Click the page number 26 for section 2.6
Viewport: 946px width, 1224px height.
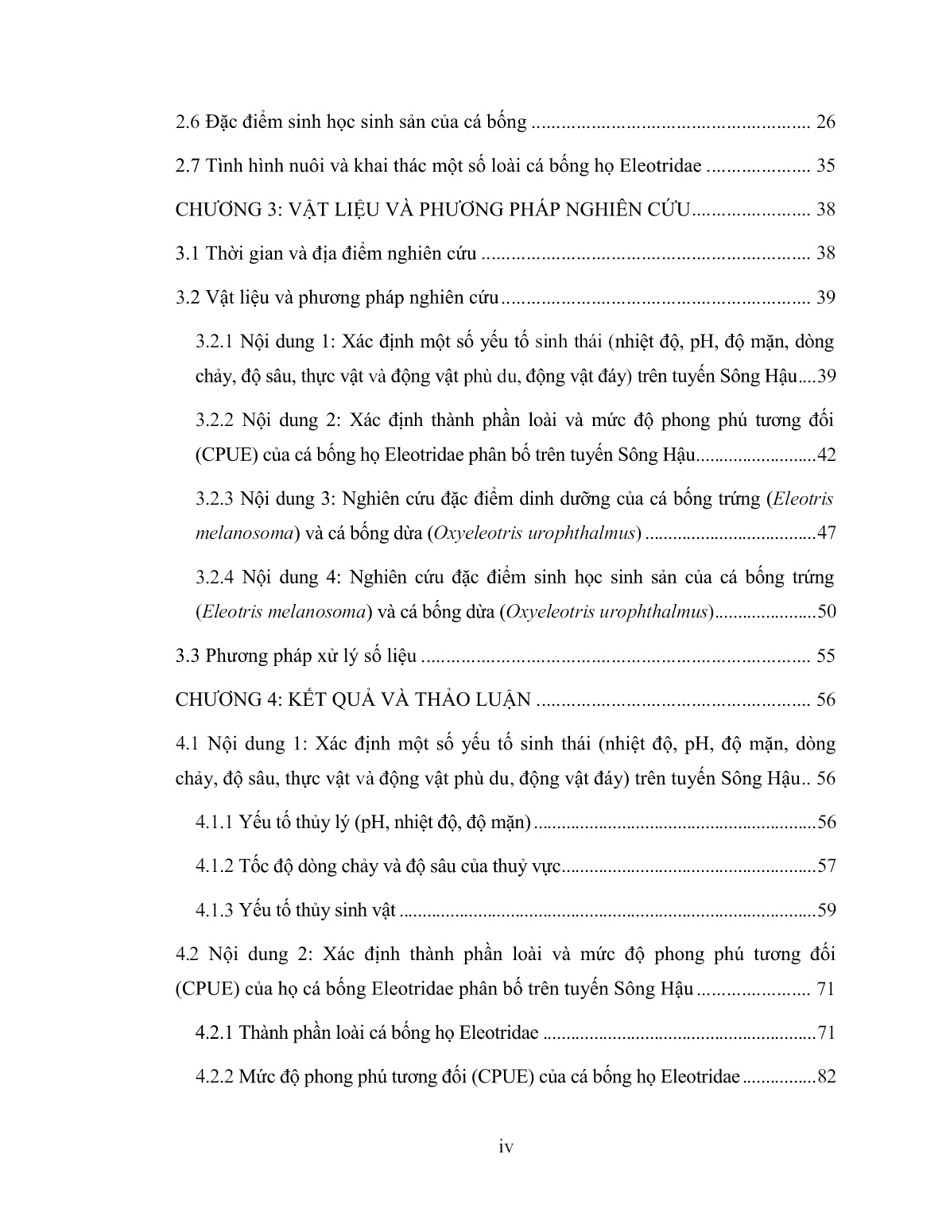click(825, 122)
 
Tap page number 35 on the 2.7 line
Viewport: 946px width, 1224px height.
click(825, 166)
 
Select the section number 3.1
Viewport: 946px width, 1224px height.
click(188, 254)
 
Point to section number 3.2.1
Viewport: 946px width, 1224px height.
click(213, 343)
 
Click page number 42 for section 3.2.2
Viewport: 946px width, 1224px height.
click(827, 455)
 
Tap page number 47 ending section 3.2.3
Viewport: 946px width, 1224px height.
click(827, 533)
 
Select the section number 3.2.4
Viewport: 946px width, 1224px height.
click(213, 576)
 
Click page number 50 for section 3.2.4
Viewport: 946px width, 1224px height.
click(827, 612)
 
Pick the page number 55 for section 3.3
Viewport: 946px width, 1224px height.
click(825, 657)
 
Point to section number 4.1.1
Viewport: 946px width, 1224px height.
click(213, 822)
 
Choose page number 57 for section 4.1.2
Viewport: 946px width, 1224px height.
click(827, 866)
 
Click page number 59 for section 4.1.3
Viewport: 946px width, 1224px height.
click(827, 910)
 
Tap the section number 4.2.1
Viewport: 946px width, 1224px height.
click(213, 1033)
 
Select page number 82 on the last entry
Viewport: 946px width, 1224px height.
click(827, 1077)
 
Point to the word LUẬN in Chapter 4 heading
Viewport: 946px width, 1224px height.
click(502, 700)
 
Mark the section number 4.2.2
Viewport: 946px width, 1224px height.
click(213, 1077)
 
